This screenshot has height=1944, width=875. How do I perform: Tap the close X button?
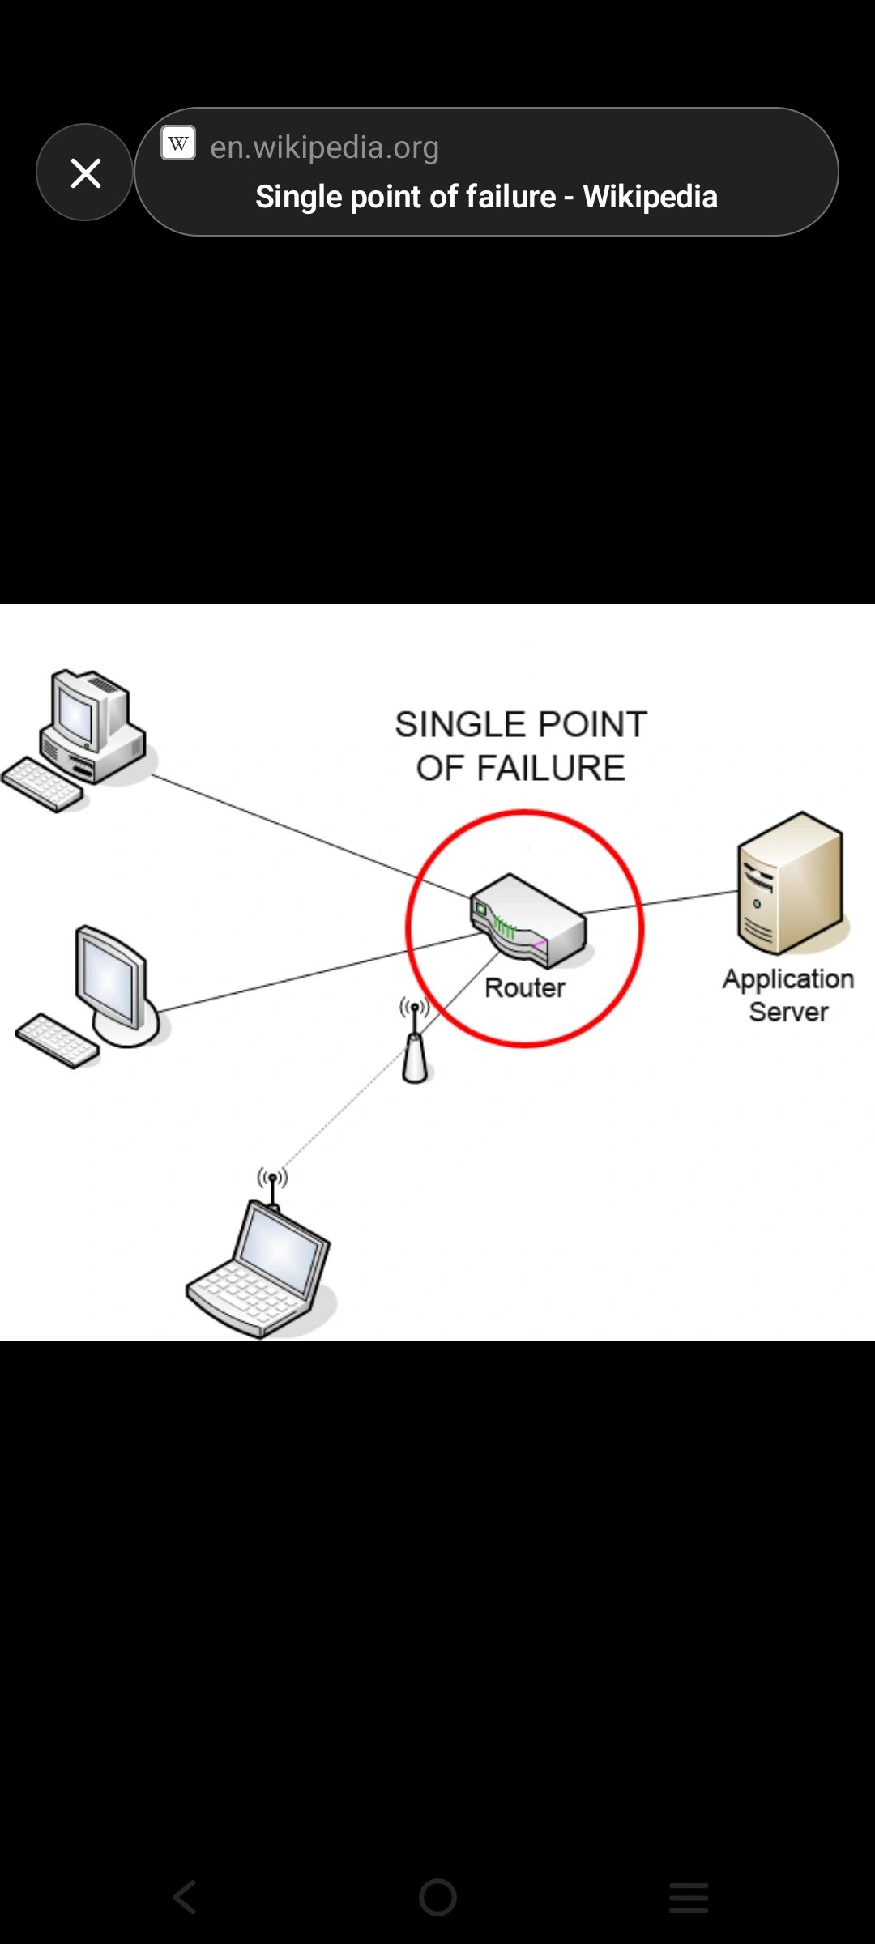(85, 173)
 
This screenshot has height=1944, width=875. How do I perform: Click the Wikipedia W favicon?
(178, 144)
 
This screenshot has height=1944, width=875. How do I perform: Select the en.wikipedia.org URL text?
(324, 147)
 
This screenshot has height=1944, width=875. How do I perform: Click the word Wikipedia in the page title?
(650, 197)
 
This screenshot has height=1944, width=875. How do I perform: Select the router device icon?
(528, 920)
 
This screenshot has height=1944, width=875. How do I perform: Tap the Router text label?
(525, 988)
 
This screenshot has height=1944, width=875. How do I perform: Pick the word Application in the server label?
(788, 979)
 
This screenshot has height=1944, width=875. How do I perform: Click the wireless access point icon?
(415, 1049)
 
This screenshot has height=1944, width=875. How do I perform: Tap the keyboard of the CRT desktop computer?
(42, 784)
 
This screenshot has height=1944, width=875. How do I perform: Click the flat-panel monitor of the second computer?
(111, 980)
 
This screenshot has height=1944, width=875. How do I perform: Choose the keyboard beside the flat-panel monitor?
(57, 1040)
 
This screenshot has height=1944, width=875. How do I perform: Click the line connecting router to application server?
(660, 902)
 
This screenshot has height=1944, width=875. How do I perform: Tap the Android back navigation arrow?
(186, 1897)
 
